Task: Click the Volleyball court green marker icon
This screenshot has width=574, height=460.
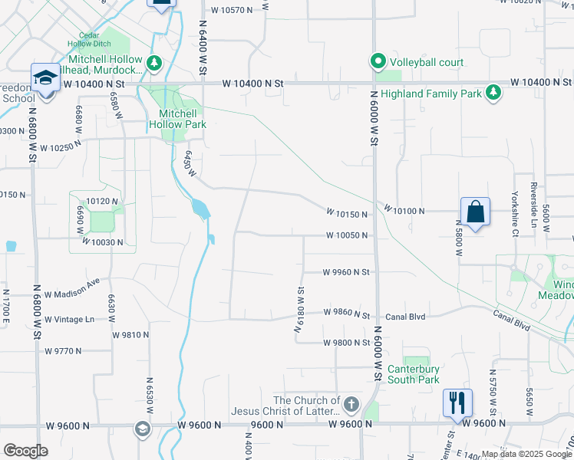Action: pos(378,61)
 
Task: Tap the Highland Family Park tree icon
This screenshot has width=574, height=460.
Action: pos(493,93)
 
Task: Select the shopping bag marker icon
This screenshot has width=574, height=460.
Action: pos(475,211)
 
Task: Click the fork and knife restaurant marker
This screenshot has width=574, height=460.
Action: pos(457,402)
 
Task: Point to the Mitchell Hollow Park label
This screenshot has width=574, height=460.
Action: pos(177,118)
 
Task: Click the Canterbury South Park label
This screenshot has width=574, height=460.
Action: pos(413,373)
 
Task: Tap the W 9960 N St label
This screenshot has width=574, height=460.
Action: pos(346,271)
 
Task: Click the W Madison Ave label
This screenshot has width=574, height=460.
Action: pos(72,293)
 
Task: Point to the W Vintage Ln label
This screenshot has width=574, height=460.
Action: pos(69,319)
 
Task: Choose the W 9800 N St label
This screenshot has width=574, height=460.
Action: pos(346,343)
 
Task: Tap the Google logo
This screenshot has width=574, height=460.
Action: pos(25,451)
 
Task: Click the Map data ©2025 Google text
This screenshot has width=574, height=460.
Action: pos(526,454)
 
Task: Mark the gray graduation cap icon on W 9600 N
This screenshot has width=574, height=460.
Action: pos(143,429)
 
